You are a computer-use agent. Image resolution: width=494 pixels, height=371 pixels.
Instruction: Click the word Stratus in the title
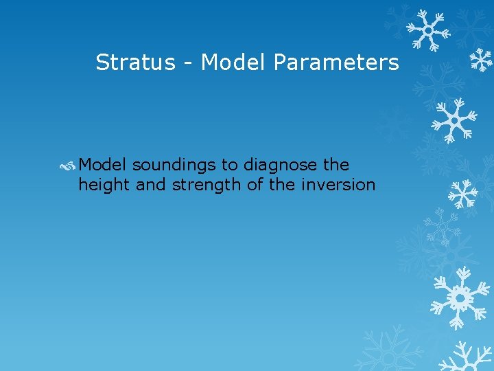135,63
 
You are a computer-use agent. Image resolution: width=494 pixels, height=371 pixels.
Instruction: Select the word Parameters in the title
336,63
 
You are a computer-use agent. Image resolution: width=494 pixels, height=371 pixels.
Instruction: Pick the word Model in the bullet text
103,165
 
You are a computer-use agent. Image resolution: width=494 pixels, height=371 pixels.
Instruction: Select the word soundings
174,166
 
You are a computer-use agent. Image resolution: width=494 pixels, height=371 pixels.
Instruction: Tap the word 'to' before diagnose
231,166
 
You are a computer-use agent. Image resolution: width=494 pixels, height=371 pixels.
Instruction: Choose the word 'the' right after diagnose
336,165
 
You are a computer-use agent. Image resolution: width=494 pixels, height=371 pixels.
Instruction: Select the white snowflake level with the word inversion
463,194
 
